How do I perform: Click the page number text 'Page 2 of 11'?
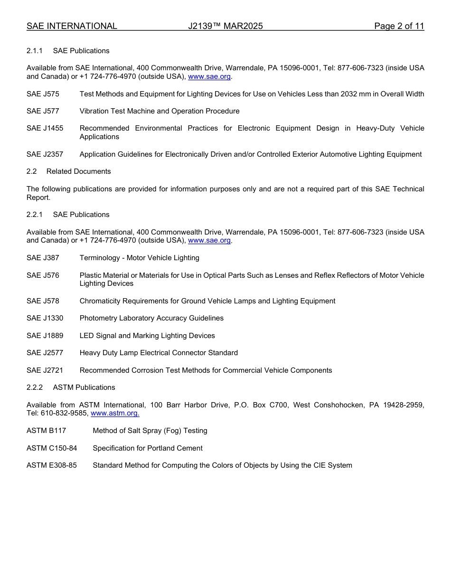coord(399,26)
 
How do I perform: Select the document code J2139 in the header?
coord(225,26)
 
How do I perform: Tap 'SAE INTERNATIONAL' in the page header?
coord(72,26)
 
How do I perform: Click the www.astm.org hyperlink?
coord(115,414)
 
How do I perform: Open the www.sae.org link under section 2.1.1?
coord(209,76)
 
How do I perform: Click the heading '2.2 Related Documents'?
coord(69,171)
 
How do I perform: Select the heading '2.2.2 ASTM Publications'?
coord(71,387)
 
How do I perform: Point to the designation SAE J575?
coord(43,94)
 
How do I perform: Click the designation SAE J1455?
coord(45,128)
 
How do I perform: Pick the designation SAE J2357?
coord(45,154)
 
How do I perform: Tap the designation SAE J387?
coord(43,258)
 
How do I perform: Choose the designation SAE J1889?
coord(45,336)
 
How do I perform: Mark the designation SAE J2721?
coord(45,370)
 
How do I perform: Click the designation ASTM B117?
coord(46,431)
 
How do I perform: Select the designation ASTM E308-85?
coord(51,465)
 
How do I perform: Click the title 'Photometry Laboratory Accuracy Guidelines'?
coord(151,318)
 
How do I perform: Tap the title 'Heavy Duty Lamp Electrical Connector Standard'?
coord(159,353)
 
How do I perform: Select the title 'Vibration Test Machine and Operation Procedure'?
coord(160,111)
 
